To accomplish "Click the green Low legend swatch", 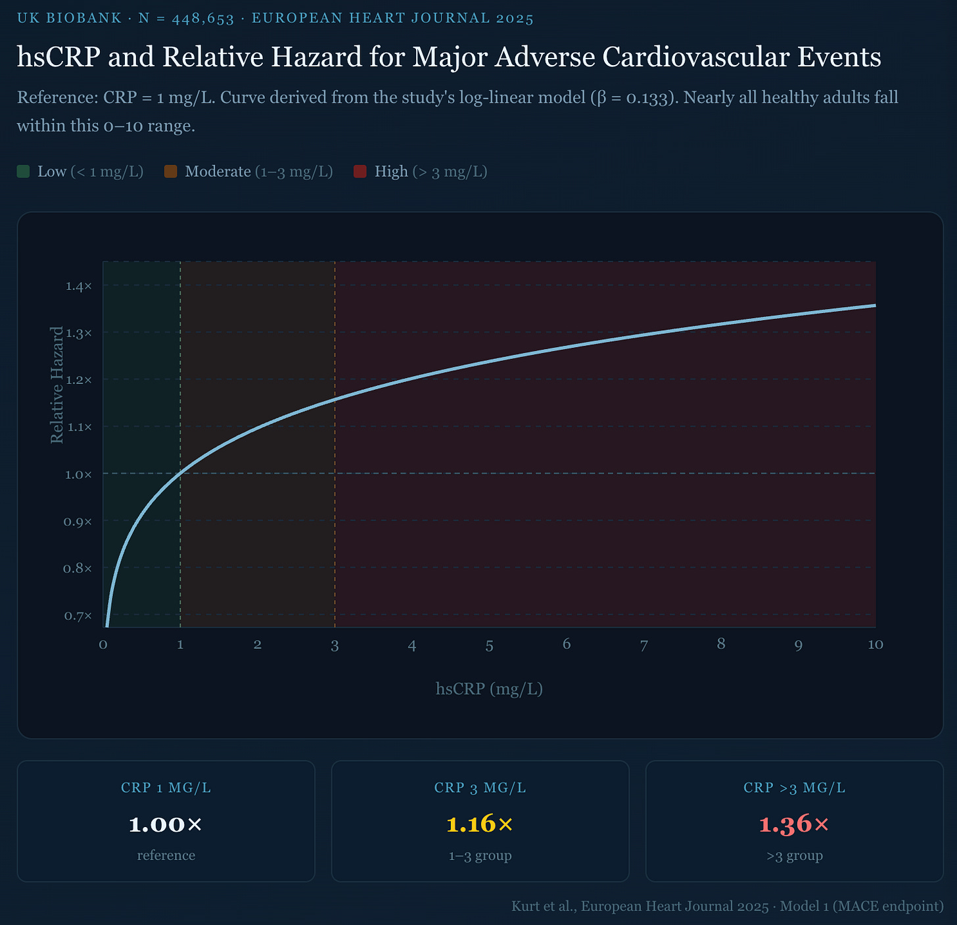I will point(24,172).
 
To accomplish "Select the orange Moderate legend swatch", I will point(171,172).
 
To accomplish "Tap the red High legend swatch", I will point(360,172).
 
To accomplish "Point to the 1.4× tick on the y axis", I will point(78,286).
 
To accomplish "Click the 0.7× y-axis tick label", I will point(78,616).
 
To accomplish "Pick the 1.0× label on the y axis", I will point(78,474).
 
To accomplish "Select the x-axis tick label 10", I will point(875,644).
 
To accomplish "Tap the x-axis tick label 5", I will point(489,646).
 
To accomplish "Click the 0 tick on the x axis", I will point(103,644).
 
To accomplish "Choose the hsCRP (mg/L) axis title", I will point(489,688).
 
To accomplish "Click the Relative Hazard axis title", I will point(57,385).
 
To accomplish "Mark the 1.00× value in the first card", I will point(166,824).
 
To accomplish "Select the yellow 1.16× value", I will point(480,824).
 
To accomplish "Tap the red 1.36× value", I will point(794,824).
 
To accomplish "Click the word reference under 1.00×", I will point(166,855).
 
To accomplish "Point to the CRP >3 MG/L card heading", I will point(794,788).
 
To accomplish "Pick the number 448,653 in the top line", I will point(202,18).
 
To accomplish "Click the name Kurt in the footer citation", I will point(526,906).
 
